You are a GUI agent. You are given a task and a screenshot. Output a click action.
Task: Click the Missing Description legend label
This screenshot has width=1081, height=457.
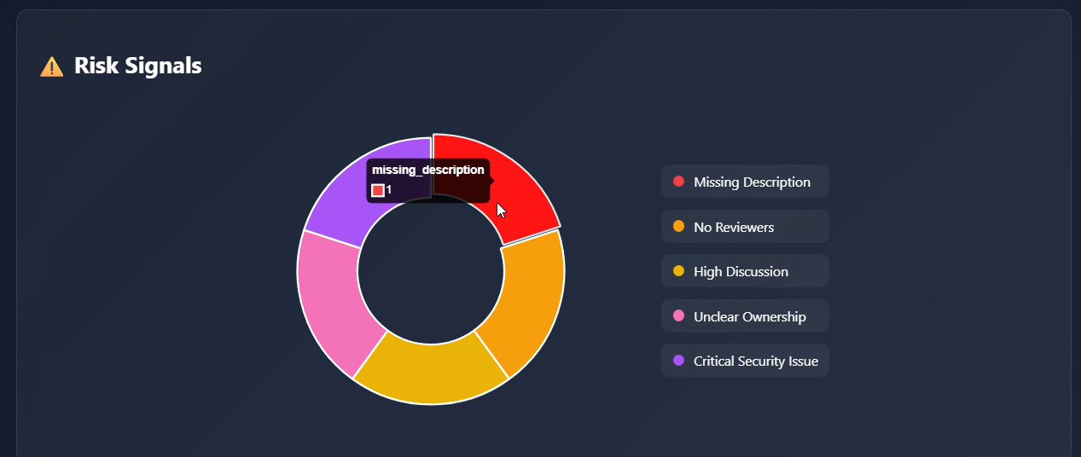[752, 182]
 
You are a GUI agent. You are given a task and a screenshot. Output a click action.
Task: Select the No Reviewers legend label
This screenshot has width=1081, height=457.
[734, 227]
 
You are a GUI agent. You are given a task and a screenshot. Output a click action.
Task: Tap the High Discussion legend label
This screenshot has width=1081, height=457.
[741, 271]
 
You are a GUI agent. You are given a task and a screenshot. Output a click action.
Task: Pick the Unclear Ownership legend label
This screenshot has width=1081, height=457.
[749, 316]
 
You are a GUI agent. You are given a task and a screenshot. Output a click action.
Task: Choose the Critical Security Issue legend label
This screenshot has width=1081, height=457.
[755, 361]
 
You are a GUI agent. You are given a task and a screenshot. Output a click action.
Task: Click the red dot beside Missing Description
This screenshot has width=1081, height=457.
[679, 182]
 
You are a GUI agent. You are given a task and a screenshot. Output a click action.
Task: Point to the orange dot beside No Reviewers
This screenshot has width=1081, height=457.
[679, 226]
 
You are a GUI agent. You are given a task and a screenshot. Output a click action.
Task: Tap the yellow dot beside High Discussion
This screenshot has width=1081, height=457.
[679, 271]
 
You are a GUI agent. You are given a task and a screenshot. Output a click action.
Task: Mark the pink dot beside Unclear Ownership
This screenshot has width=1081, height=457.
[679, 315]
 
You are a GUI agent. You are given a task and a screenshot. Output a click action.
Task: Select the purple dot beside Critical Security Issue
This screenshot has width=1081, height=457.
[679, 361]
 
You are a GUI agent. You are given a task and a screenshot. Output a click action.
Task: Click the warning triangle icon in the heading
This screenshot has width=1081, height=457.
[51, 67]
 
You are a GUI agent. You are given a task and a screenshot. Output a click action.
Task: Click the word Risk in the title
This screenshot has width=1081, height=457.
[92, 66]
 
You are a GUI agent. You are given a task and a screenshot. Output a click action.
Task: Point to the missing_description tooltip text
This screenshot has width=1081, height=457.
[428, 170]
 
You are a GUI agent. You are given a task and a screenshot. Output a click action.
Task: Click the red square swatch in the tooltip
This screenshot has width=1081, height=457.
[378, 190]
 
